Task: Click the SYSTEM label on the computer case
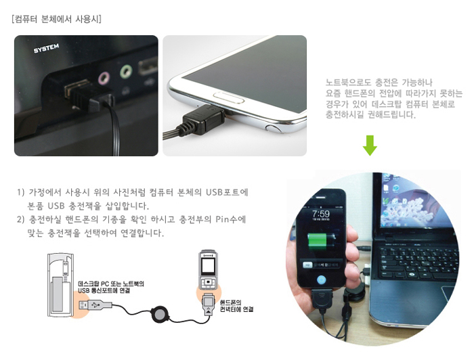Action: pyautogui.click(x=46, y=48)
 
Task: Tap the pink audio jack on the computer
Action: pyautogui.click(x=104, y=78)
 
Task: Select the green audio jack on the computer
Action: pyautogui.click(x=126, y=71)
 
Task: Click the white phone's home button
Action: pyautogui.click(x=229, y=98)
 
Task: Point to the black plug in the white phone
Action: pyautogui.click(x=202, y=118)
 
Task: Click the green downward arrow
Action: pyautogui.click(x=370, y=145)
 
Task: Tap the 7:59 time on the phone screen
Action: pyautogui.click(x=321, y=214)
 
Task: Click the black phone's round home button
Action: pyautogui.click(x=322, y=280)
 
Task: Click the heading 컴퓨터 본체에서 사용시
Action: pyautogui.click(x=56, y=19)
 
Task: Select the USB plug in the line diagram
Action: pyautogui.click(x=95, y=305)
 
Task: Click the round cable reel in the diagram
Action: pyautogui.click(x=159, y=314)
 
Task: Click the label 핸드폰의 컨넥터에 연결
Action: pyautogui.click(x=236, y=306)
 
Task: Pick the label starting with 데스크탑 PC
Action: pyautogui.click(x=111, y=287)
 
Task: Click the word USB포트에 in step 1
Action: pyautogui.click(x=227, y=192)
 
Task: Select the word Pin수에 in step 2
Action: pyautogui.click(x=231, y=219)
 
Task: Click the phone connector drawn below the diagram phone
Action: pyautogui.click(x=209, y=304)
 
